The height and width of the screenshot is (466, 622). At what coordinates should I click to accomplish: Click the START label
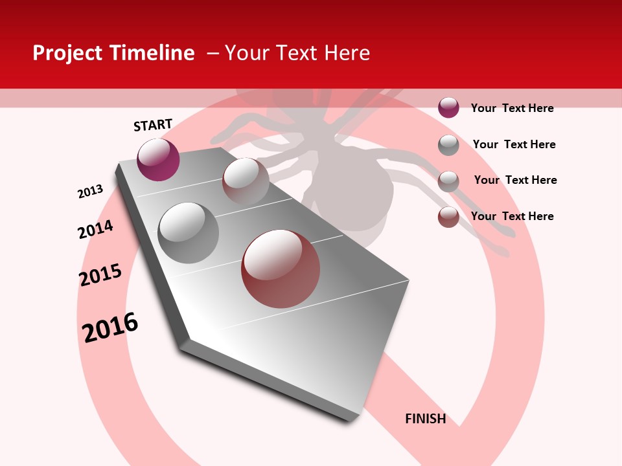(x=153, y=125)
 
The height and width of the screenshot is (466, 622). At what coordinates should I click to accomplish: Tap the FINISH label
(x=425, y=419)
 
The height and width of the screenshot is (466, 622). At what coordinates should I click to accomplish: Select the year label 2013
(x=90, y=192)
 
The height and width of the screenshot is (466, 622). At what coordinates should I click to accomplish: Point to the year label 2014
(x=95, y=229)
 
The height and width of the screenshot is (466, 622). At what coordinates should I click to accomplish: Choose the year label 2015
(x=100, y=275)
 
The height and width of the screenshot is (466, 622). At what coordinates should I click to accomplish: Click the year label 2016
(x=110, y=327)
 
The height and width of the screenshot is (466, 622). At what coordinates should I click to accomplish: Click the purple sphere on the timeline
(x=158, y=159)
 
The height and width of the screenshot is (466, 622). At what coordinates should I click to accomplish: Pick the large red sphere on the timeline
(x=281, y=269)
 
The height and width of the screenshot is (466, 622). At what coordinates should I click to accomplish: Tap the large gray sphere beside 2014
(x=189, y=233)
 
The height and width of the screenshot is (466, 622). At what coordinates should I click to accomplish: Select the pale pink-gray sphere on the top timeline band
(x=246, y=181)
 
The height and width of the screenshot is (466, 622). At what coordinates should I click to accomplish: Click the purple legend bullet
(x=448, y=107)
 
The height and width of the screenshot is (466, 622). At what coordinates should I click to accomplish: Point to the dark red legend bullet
(x=448, y=217)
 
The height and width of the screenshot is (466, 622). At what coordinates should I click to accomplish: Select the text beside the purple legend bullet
(x=512, y=108)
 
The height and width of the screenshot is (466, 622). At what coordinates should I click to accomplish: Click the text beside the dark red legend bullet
(x=512, y=216)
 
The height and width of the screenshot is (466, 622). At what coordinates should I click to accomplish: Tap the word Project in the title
(x=65, y=53)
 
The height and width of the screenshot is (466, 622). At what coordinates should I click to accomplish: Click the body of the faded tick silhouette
(x=353, y=194)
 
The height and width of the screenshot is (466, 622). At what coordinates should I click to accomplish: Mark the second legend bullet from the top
(x=448, y=145)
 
